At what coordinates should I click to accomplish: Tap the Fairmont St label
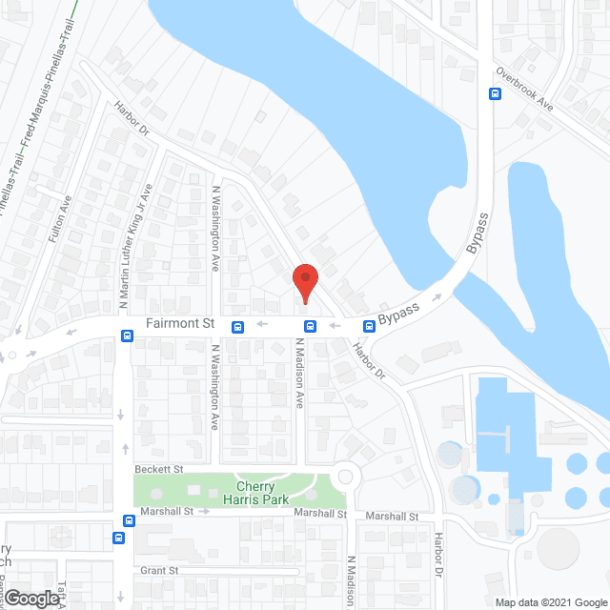click(x=180, y=324)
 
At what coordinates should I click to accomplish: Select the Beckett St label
click(x=158, y=469)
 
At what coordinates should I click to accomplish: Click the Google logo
click(x=31, y=599)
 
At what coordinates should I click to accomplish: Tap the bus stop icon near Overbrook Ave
click(x=495, y=93)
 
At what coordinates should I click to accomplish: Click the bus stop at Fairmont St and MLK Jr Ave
click(x=127, y=335)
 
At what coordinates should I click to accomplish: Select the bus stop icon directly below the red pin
click(x=310, y=327)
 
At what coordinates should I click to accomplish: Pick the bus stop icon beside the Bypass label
click(x=368, y=326)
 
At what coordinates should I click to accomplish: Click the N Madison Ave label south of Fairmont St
click(x=298, y=375)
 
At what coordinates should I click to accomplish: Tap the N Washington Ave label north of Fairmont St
click(x=216, y=228)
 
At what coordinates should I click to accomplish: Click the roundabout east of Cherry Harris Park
click(x=344, y=476)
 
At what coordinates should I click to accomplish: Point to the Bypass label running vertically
click(x=478, y=233)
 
